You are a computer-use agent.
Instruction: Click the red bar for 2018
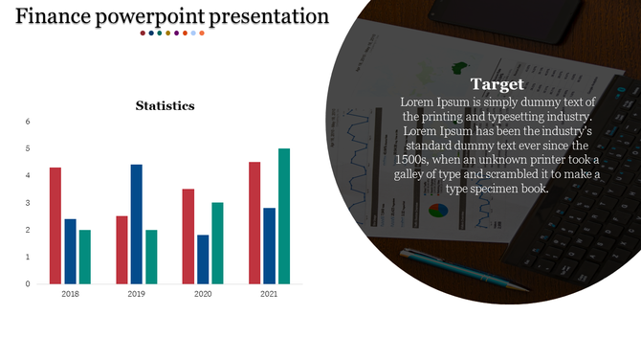[x=55, y=226]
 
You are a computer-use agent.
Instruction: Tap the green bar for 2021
[x=284, y=216]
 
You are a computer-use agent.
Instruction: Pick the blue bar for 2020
[x=203, y=259]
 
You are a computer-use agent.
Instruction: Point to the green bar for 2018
[x=85, y=257]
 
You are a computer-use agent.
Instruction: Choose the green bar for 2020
[x=218, y=243]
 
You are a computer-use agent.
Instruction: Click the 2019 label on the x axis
[x=137, y=295]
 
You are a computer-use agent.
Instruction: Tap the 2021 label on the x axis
[x=269, y=295]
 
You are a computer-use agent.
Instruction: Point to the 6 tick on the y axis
[x=28, y=122]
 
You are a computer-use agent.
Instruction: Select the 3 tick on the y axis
[x=28, y=203]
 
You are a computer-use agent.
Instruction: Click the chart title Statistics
[x=166, y=105]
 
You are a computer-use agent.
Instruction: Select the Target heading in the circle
[x=497, y=84]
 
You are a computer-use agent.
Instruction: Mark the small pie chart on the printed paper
[x=439, y=210]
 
